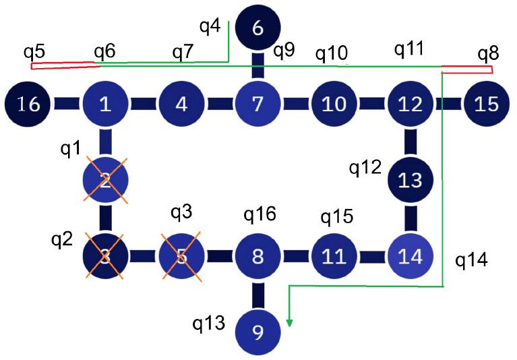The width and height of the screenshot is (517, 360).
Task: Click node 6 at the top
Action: point(257,28)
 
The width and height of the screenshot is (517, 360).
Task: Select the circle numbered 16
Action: point(28,104)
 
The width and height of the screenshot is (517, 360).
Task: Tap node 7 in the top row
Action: point(257,104)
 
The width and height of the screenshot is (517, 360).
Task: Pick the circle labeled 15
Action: point(486,104)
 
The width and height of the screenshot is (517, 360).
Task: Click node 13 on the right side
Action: point(410,180)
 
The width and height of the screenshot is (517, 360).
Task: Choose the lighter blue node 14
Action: point(410,256)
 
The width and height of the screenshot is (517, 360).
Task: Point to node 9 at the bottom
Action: point(257,332)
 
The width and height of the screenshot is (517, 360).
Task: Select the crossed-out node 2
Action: point(105,180)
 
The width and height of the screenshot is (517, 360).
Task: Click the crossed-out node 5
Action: point(181,256)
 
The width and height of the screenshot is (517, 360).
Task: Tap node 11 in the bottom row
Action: point(334,256)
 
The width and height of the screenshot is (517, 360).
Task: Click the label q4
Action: point(210,27)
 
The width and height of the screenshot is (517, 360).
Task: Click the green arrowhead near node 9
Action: point(290,322)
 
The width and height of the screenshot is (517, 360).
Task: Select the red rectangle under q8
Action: point(466,69)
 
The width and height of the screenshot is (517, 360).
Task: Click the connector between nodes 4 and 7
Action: point(219,104)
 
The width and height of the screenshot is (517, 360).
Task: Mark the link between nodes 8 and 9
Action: point(257,295)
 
